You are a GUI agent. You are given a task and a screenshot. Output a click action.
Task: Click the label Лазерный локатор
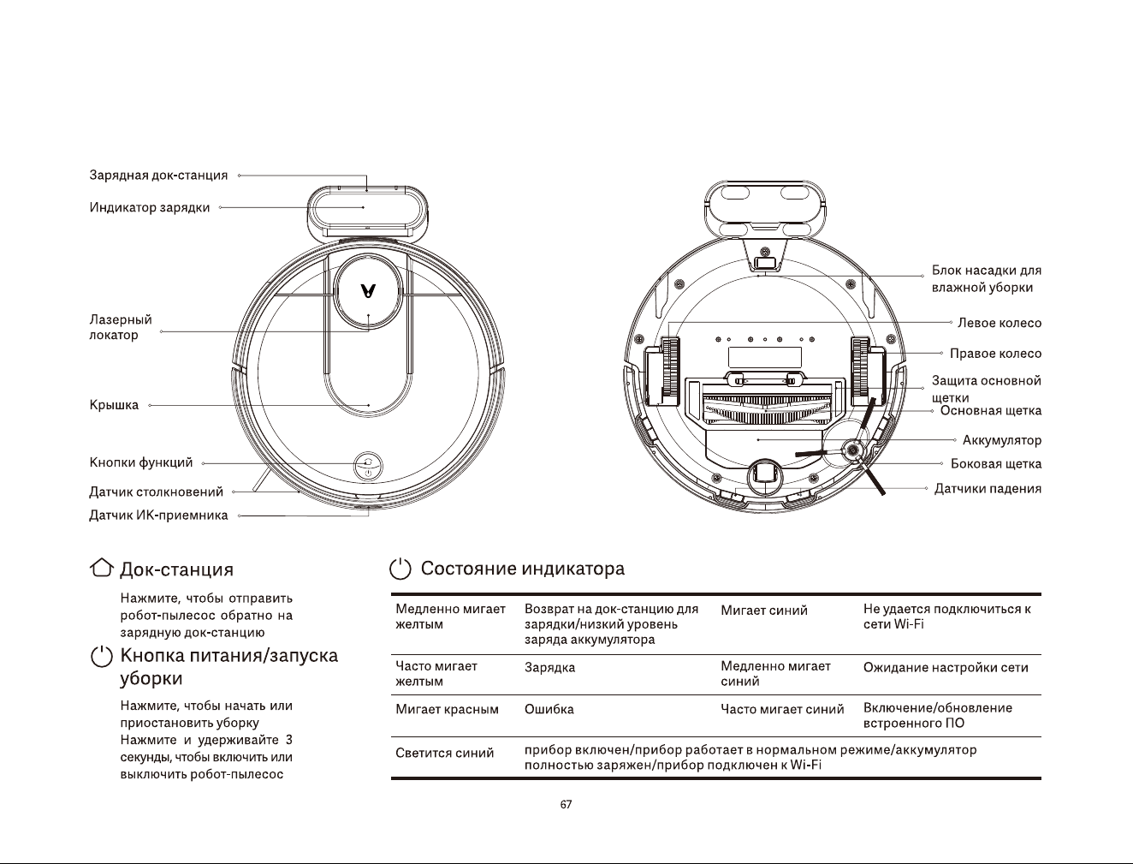[121, 327]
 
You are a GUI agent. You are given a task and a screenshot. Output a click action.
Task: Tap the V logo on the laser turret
[368, 291]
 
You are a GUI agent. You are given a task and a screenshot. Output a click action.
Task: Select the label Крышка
[114, 405]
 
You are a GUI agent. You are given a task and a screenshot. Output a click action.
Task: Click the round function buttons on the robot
[368, 467]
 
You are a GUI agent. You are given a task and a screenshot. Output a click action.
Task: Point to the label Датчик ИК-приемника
[158, 515]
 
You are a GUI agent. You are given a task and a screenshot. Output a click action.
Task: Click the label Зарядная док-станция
[158, 175]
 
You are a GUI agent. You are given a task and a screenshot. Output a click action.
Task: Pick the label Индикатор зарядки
[150, 207]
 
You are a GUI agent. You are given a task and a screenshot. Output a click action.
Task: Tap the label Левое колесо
[1000, 323]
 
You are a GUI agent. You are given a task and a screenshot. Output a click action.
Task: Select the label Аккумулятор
[1002, 440]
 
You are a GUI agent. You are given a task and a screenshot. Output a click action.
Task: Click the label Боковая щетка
[996, 464]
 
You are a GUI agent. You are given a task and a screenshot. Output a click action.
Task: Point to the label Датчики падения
[988, 489]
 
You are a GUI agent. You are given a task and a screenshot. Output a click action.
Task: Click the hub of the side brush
[851, 451]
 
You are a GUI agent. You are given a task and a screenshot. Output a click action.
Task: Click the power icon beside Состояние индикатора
[400, 569]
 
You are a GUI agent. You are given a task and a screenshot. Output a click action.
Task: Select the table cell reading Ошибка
[549, 709]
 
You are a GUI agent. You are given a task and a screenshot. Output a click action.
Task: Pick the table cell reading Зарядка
[549, 667]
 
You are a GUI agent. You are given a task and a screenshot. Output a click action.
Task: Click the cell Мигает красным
[447, 709]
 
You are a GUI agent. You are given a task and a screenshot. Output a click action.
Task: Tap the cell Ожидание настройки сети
[946, 667]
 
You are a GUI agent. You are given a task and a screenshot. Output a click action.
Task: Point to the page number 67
[566, 804]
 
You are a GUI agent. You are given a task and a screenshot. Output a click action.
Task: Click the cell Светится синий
[444, 753]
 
